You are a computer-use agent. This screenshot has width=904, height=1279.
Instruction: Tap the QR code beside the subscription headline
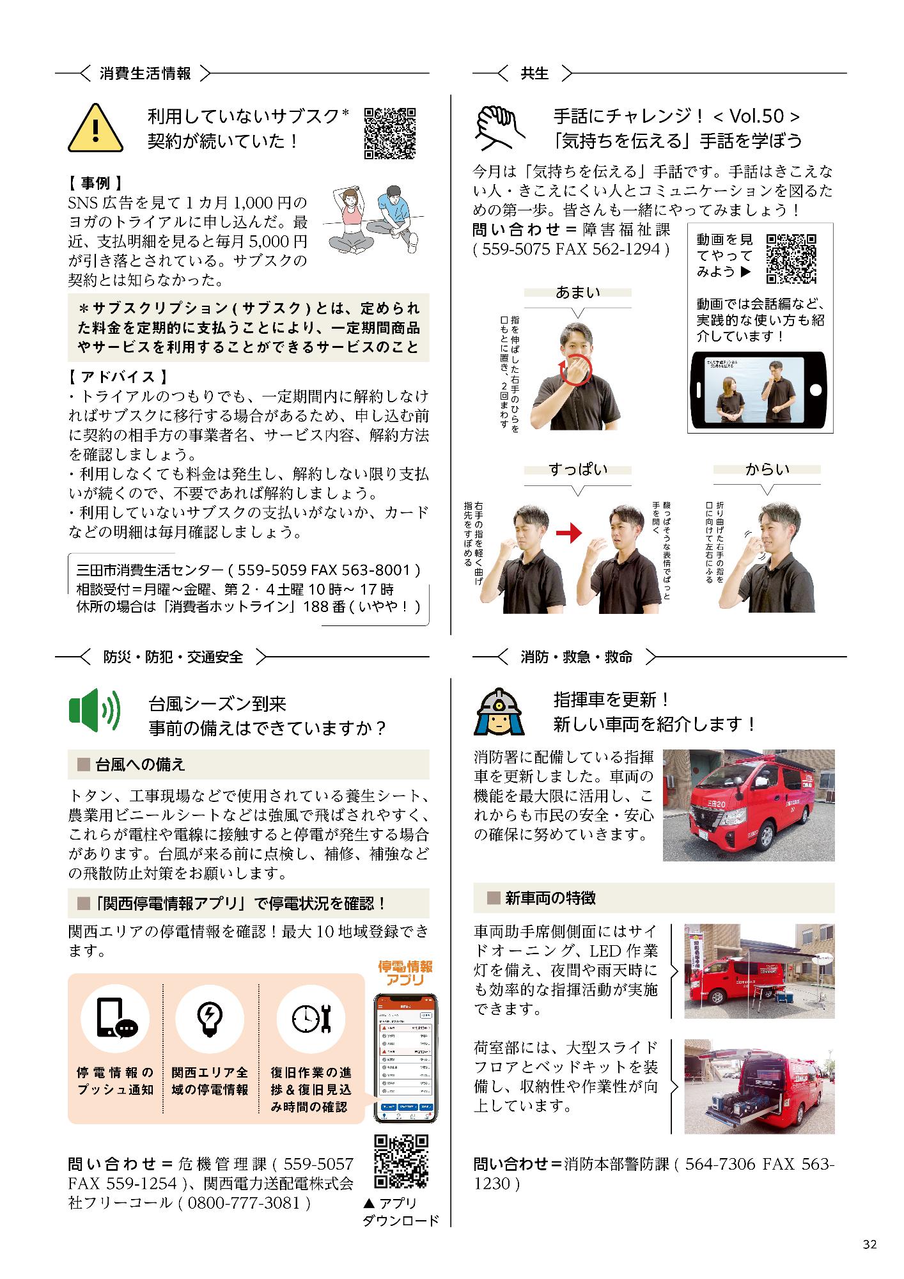tap(390, 132)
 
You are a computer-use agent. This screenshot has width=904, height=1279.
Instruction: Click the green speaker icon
tap(94, 710)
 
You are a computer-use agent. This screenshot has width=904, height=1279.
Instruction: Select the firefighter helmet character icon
tap(499, 711)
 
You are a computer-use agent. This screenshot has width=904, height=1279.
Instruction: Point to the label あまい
tap(577, 292)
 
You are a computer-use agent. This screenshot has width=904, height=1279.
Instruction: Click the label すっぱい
tap(577, 469)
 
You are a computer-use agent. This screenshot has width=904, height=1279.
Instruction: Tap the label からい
tap(767, 469)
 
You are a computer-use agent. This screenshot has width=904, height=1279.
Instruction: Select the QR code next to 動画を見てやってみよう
tap(791, 258)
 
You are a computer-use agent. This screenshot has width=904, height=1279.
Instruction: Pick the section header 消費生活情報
tap(145, 74)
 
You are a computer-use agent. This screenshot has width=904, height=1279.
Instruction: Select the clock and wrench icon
tap(309, 1018)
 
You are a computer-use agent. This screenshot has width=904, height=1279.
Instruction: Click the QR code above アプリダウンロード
tap(400, 1162)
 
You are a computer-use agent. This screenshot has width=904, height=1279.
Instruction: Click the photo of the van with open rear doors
tap(759, 1086)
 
